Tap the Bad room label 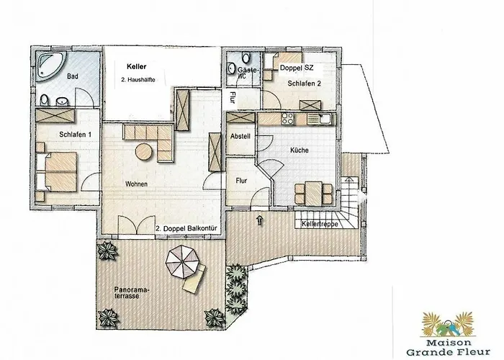tap(72, 76)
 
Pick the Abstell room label tap(239, 137)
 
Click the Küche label tap(300, 150)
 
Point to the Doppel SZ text tap(297, 67)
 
